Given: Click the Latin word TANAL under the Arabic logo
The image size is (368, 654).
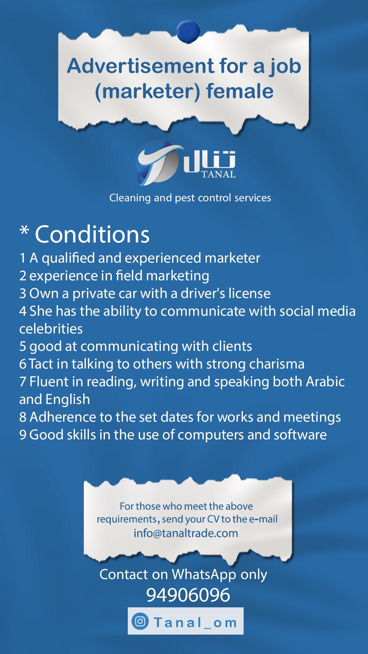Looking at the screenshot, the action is pyautogui.click(x=218, y=174).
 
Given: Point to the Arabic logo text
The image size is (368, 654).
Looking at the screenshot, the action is pyautogui.click(x=209, y=160).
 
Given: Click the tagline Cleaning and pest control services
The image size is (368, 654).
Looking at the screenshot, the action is pyautogui.click(x=190, y=198).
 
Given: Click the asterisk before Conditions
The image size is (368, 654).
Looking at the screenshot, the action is pyautogui.click(x=24, y=230).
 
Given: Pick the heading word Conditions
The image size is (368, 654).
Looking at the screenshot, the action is pyautogui.click(x=92, y=234).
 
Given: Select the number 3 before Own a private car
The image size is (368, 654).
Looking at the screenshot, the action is pyautogui.click(x=22, y=294).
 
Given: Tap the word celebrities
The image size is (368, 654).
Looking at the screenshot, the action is pyautogui.click(x=51, y=329).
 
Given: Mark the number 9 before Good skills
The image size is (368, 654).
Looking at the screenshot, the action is pyautogui.click(x=22, y=435).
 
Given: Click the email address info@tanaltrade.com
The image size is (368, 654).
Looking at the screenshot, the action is pyautogui.click(x=186, y=533).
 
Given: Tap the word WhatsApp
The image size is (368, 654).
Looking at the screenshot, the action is pyautogui.click(x=204, y=574).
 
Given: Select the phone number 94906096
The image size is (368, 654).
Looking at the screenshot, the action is pyautogui.click(x=188, y=595).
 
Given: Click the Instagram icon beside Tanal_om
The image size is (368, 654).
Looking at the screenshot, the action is pyautogui.click(x=140, y=621).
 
